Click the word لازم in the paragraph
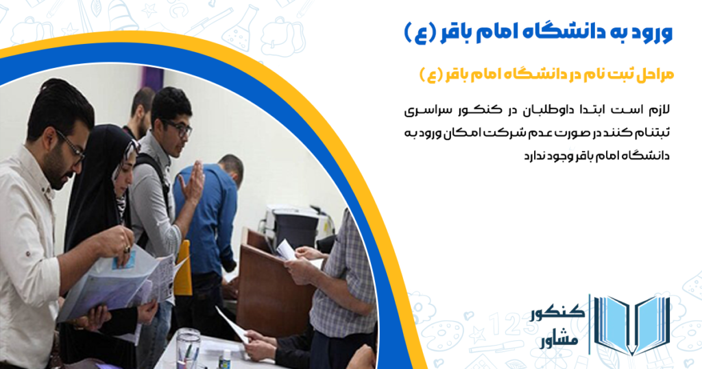coord(659,110)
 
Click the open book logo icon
coord(632,324)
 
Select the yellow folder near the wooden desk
coord(183,269)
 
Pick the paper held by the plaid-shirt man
coord(286,250)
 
